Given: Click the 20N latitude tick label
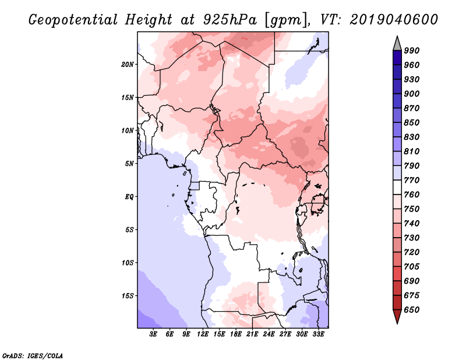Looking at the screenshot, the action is pos(128,65).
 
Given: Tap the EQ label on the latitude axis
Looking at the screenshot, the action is pos(129,197).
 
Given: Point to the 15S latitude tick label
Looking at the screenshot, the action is pos(128,296).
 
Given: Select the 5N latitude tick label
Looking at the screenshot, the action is pos(129,164).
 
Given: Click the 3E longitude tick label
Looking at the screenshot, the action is pos(153,334).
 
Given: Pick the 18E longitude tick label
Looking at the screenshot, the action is pos(236,334).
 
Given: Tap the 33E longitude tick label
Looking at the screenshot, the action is pos(318,334).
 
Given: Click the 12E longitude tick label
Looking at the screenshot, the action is pos(203,334).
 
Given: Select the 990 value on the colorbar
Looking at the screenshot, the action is pos(412,51).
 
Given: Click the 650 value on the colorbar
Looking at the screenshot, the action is pos(412,310).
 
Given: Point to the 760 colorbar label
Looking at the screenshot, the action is pos(412,195).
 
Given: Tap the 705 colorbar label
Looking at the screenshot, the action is pos(412,267).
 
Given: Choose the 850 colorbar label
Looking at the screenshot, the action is pos(412,122).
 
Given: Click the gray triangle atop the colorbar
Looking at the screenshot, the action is pos(397,44).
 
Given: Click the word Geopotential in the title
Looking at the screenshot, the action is pos(73,20).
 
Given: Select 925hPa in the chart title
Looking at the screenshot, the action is pos(230,20).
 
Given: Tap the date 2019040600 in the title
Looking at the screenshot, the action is pos(394,20).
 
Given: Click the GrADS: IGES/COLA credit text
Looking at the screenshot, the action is pos(33,355).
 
